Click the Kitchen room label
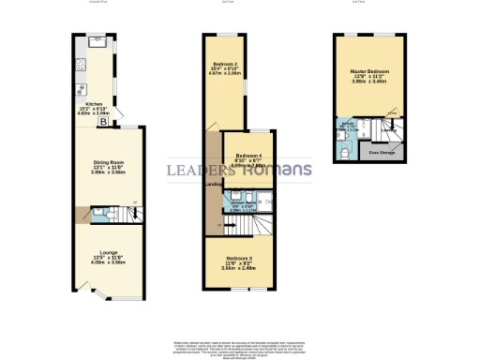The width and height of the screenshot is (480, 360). click(x=93, y=104)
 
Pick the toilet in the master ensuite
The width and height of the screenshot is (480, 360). click(x=346, y=144)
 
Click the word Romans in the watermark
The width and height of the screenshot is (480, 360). click(x=276, y=171)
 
